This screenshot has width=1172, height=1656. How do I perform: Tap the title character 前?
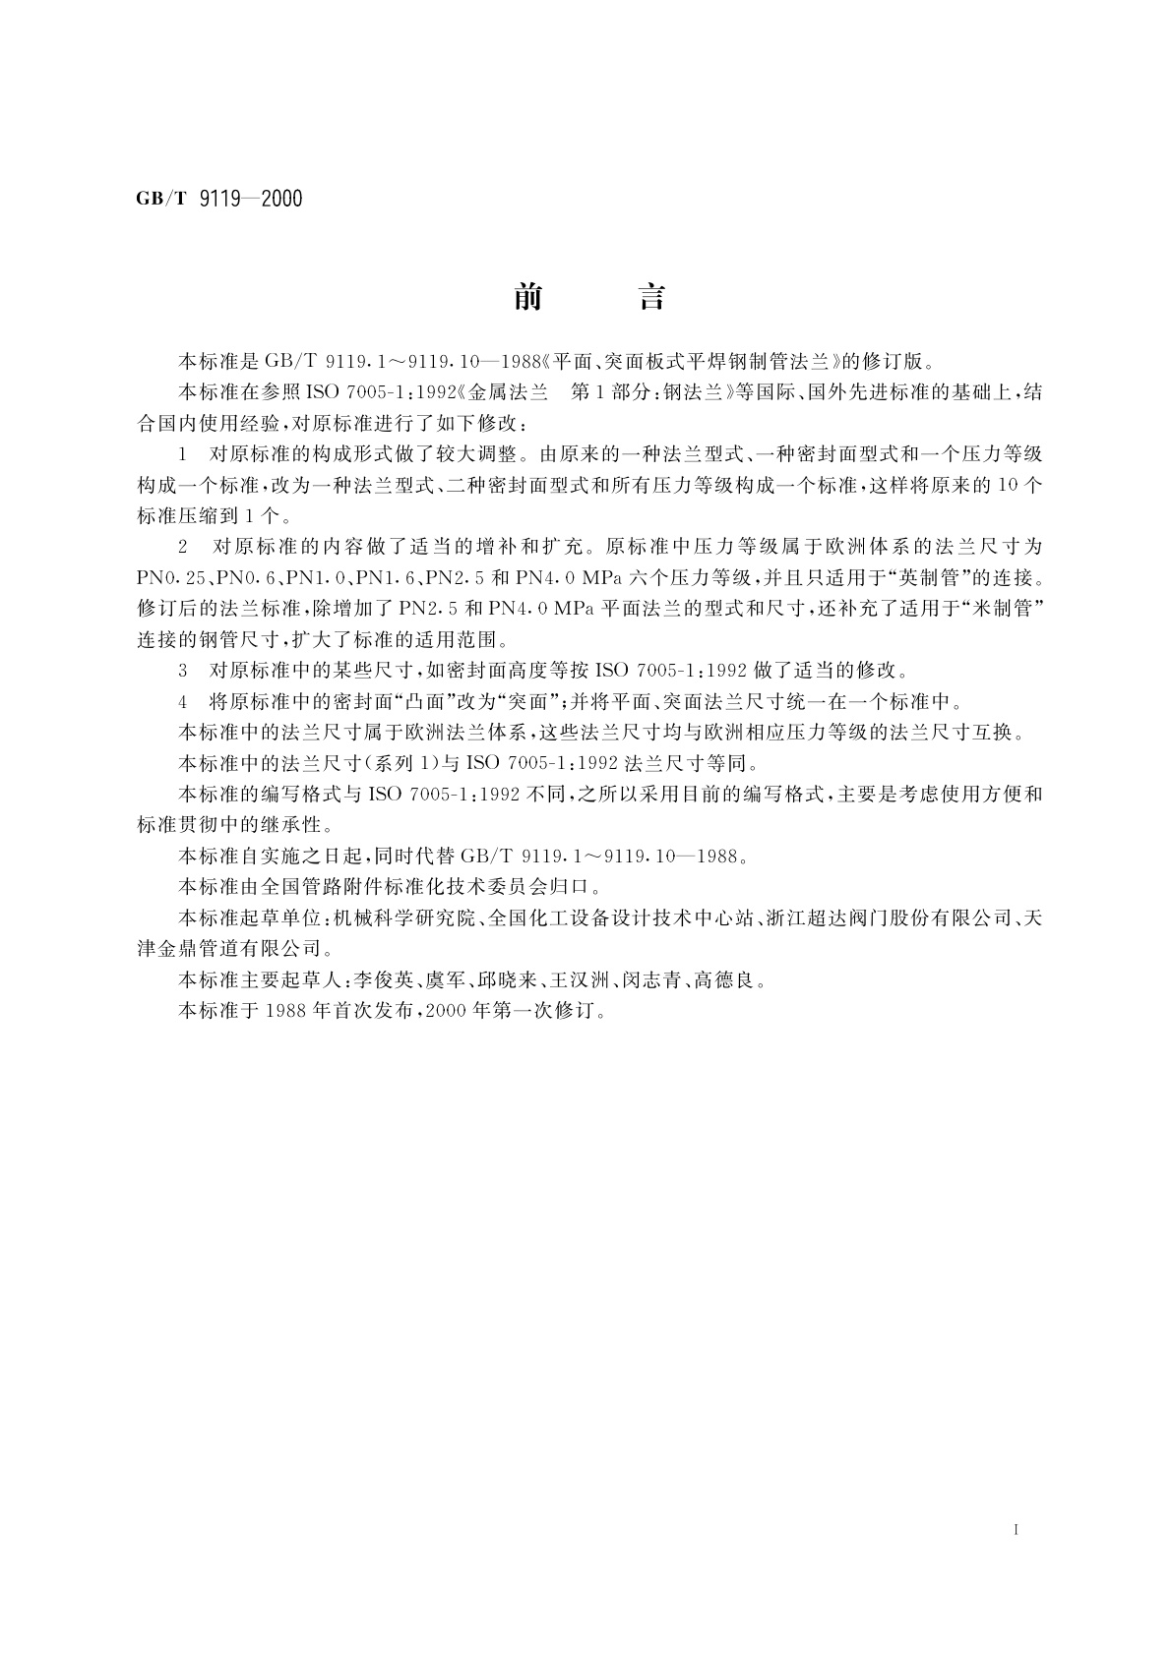[527, 297]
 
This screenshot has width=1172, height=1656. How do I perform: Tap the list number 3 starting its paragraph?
[183, 671]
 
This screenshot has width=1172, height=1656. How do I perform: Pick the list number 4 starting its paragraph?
[183, 701]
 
